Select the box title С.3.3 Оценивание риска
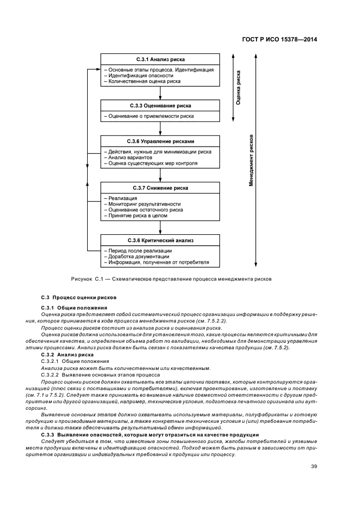click(x=160, y=105)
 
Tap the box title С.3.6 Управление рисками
click(x=160, y=141)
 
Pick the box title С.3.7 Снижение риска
click(x=160, y=188)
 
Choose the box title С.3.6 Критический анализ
click(x=160, y=240)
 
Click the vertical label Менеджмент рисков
click(x=252, y=161)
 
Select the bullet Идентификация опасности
click(x=141, y=76)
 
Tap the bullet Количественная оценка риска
click(x=144, y=82)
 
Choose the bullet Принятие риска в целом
click(x=138, y=215)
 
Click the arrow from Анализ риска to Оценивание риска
click(x=160, y=92)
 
